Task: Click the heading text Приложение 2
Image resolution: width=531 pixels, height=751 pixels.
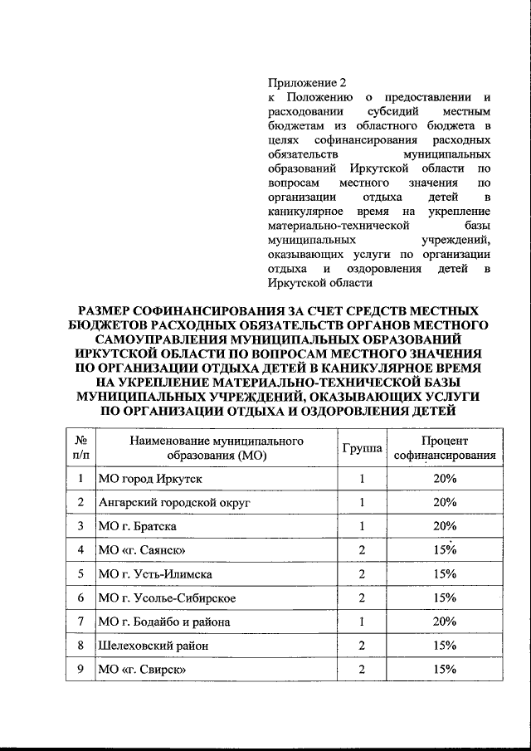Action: click(x=304, y=83)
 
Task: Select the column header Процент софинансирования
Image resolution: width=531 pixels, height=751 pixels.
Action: click(x=445, y=448)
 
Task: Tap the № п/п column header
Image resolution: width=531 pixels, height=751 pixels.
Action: click(x=81, y=448)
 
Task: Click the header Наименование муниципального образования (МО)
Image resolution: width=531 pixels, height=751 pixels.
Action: click(x=216, y=448)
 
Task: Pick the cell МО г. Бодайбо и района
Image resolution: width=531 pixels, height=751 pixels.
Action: click(x=164, y=622)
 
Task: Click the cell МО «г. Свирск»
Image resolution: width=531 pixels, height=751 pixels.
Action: click(x=142, y=669)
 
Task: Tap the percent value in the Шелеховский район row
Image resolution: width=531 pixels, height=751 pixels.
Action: click(x=445, y=645)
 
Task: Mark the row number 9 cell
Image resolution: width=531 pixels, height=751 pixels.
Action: click(x=81, y=669)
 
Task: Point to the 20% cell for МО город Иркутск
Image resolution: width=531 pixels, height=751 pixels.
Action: click(x=445, y=479)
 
